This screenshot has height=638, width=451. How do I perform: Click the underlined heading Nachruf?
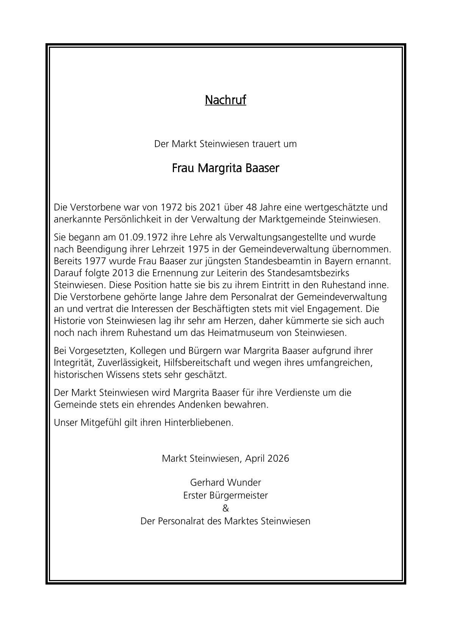[225, 100]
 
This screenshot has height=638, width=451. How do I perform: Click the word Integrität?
[74, 362]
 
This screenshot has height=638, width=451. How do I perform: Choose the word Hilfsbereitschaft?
[197, 362]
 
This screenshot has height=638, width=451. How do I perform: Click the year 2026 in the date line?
[278, 458]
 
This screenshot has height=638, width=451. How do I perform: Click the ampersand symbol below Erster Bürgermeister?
[225, 508]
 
